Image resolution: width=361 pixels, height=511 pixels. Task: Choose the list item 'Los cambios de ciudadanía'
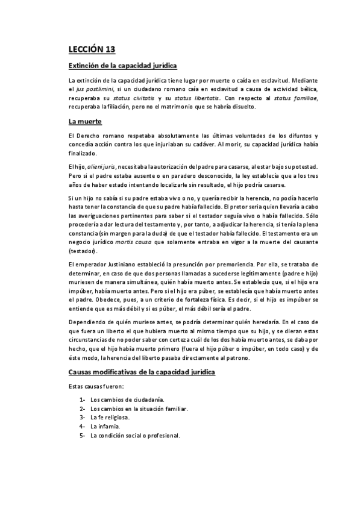tap(127, 400)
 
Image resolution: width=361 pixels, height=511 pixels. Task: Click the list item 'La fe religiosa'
tap(111, 417)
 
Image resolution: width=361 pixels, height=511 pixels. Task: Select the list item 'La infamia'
tap(105, 426)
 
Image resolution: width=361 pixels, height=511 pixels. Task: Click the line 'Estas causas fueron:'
tap(96, 386)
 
